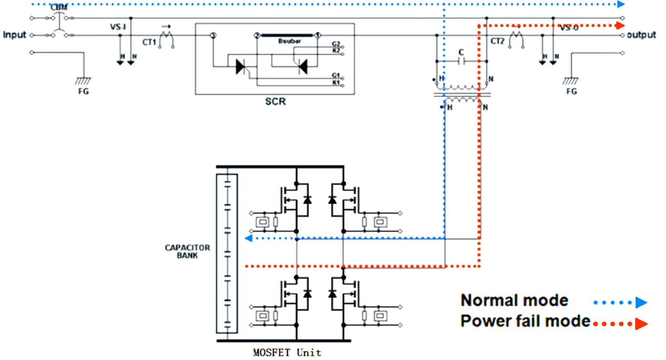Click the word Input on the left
(x=14, y=35)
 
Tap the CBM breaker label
(x=59, y=7)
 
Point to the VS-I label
(x=118, y=27)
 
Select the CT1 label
(x=149, y=42)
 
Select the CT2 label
(x=497, y=41)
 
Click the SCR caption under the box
(x=275, y=101)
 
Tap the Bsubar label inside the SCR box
(x=289, y=41)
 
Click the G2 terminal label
(x=336, y=44)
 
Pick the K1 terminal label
(x=336, y=83)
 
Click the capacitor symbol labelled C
(x=462, y=61)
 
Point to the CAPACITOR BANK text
(x=187, y=252)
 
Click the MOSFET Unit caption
(x=287, y=353)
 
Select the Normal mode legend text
(x=514, y=300)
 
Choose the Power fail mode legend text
(x=525, y=321)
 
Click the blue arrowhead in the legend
(x=641, y=303)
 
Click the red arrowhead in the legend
(x=641, y=324)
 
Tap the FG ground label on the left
(x=83, y=91)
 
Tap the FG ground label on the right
(x=571, y=91)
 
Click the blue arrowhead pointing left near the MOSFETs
(x=248, y=238)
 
